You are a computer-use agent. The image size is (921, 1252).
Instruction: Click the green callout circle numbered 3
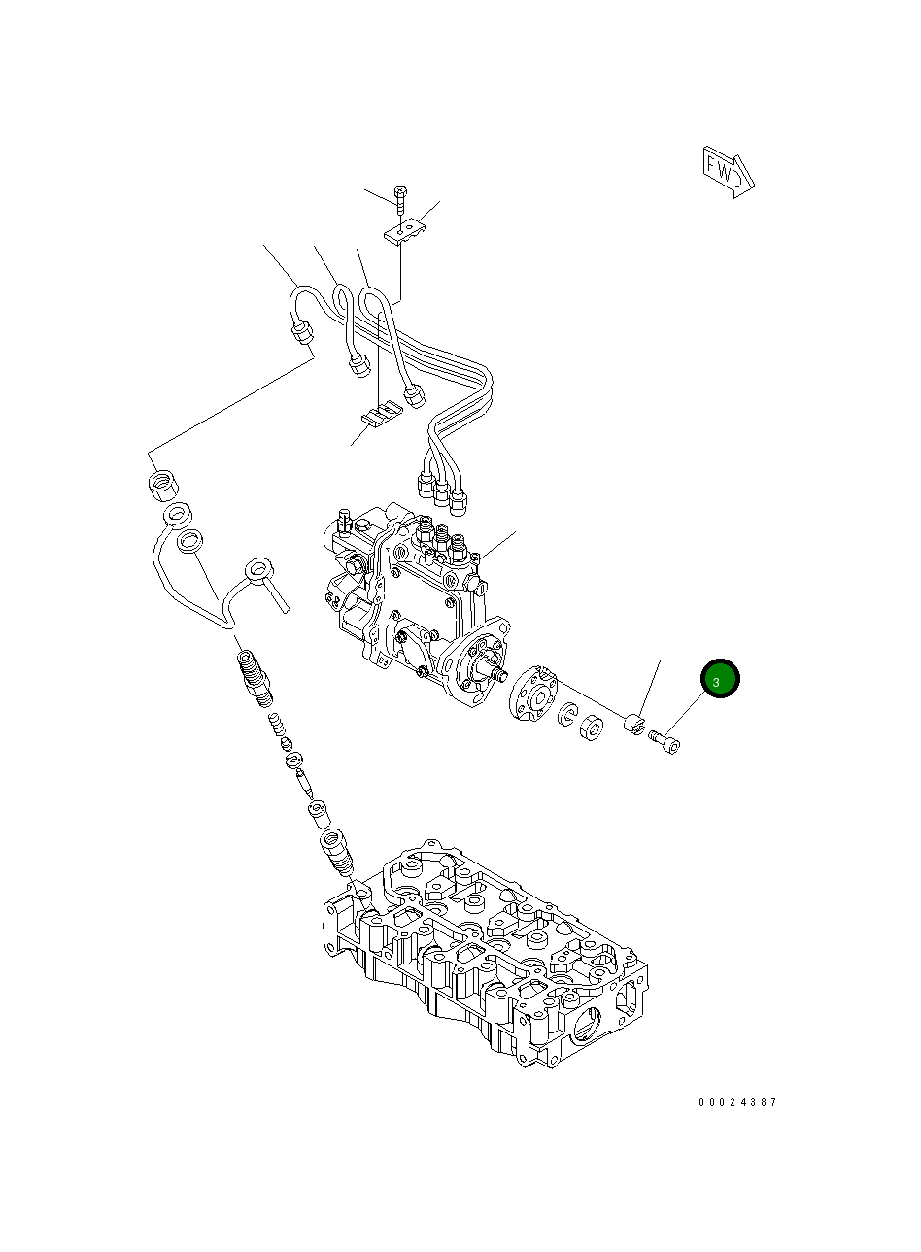click(720, 678)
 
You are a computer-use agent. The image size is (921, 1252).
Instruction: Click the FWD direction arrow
click(728, 172)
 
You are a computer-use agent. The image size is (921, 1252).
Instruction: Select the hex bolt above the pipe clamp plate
click(400, 199)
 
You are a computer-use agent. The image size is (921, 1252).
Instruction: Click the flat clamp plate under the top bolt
click(405, 231)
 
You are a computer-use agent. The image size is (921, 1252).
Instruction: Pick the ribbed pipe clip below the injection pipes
click(382, 414)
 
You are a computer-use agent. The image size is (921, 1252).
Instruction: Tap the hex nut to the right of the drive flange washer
click(592, 728)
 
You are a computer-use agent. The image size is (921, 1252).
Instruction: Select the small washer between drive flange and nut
click(567, 714)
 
